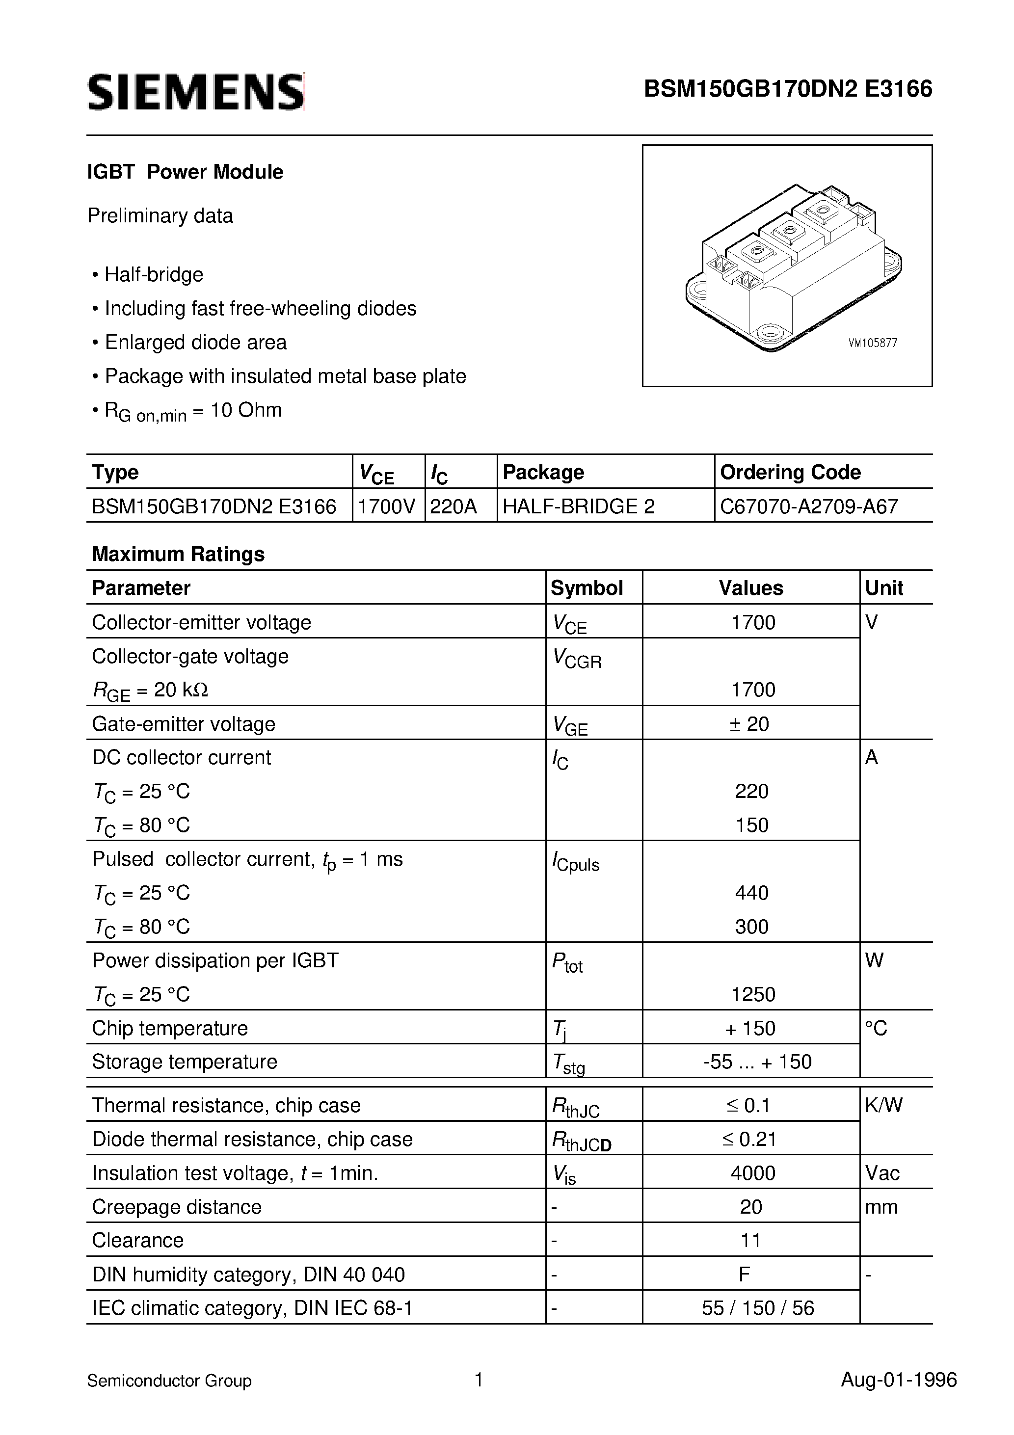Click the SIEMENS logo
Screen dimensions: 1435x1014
point(196,92)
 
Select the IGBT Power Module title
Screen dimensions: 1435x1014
point(185,172)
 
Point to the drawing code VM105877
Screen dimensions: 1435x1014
point(873,343)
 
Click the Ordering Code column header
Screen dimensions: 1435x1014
point(790,472)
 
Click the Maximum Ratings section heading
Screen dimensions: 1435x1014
point(178,554)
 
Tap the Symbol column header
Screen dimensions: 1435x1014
point(587,588)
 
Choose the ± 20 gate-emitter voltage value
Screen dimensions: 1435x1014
point(749,724)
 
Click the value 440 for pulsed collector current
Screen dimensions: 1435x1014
point(751,893)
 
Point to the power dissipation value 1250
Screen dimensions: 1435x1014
point(753,994)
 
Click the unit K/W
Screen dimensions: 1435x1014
point(884,1105)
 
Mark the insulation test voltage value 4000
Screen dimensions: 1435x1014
point(753,1172)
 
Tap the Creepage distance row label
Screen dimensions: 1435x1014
point(177,1206)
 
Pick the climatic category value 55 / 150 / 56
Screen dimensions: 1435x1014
point(758,1308)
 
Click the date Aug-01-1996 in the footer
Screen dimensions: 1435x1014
point(898,1380)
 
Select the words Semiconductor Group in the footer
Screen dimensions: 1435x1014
point(169,1381)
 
